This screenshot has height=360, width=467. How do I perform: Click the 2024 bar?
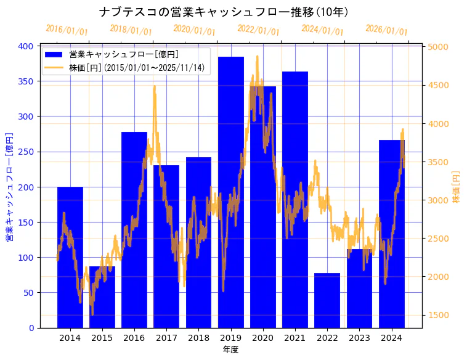click(x=392, y=234)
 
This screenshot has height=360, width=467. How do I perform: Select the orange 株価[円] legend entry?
click(x=136, y=68)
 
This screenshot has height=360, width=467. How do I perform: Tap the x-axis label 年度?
click(x=230, y=350)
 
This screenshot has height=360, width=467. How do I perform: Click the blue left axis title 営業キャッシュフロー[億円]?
click(x=9, y=187)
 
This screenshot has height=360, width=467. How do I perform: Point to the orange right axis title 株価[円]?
click(x=456, y=187)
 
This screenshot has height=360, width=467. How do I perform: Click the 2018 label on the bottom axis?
click(x=198, y=338)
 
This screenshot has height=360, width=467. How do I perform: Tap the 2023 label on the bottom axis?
click(x=359, y=338)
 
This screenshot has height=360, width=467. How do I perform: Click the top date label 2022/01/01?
click(x=258, y=30)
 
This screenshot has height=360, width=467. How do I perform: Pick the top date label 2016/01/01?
click(x=67, y=30)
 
